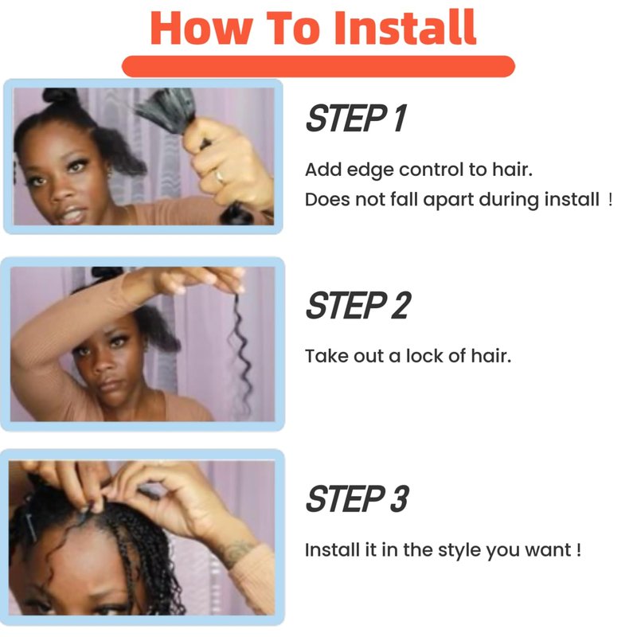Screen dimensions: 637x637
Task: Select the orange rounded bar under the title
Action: [318, 66]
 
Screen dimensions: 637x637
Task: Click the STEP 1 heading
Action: [356, 118]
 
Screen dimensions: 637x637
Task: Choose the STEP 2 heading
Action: [358, 305]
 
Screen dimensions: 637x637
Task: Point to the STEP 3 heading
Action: [357, 498]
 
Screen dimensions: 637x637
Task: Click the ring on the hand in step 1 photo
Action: [220, 176]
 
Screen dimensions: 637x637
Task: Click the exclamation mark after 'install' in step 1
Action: [611, 199]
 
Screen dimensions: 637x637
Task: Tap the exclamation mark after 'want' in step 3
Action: [579, 549]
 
